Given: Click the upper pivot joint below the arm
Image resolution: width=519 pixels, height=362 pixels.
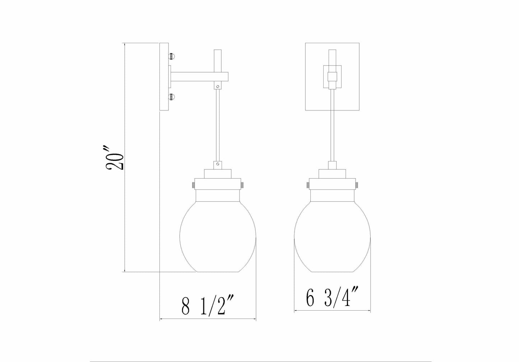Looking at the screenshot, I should point(217,87).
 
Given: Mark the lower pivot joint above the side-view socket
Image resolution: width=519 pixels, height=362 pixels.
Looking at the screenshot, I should point(217,165).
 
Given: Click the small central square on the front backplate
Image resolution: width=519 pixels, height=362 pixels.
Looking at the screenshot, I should point(333,77).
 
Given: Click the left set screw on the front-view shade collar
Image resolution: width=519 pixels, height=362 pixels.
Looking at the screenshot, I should point(308,185).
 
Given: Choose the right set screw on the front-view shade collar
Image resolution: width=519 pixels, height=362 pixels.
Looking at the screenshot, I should point(357,185).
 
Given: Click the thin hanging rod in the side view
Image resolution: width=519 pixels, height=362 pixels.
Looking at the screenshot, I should point(217,126).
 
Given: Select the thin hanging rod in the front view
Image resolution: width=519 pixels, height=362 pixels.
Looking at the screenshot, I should point(333,126).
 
